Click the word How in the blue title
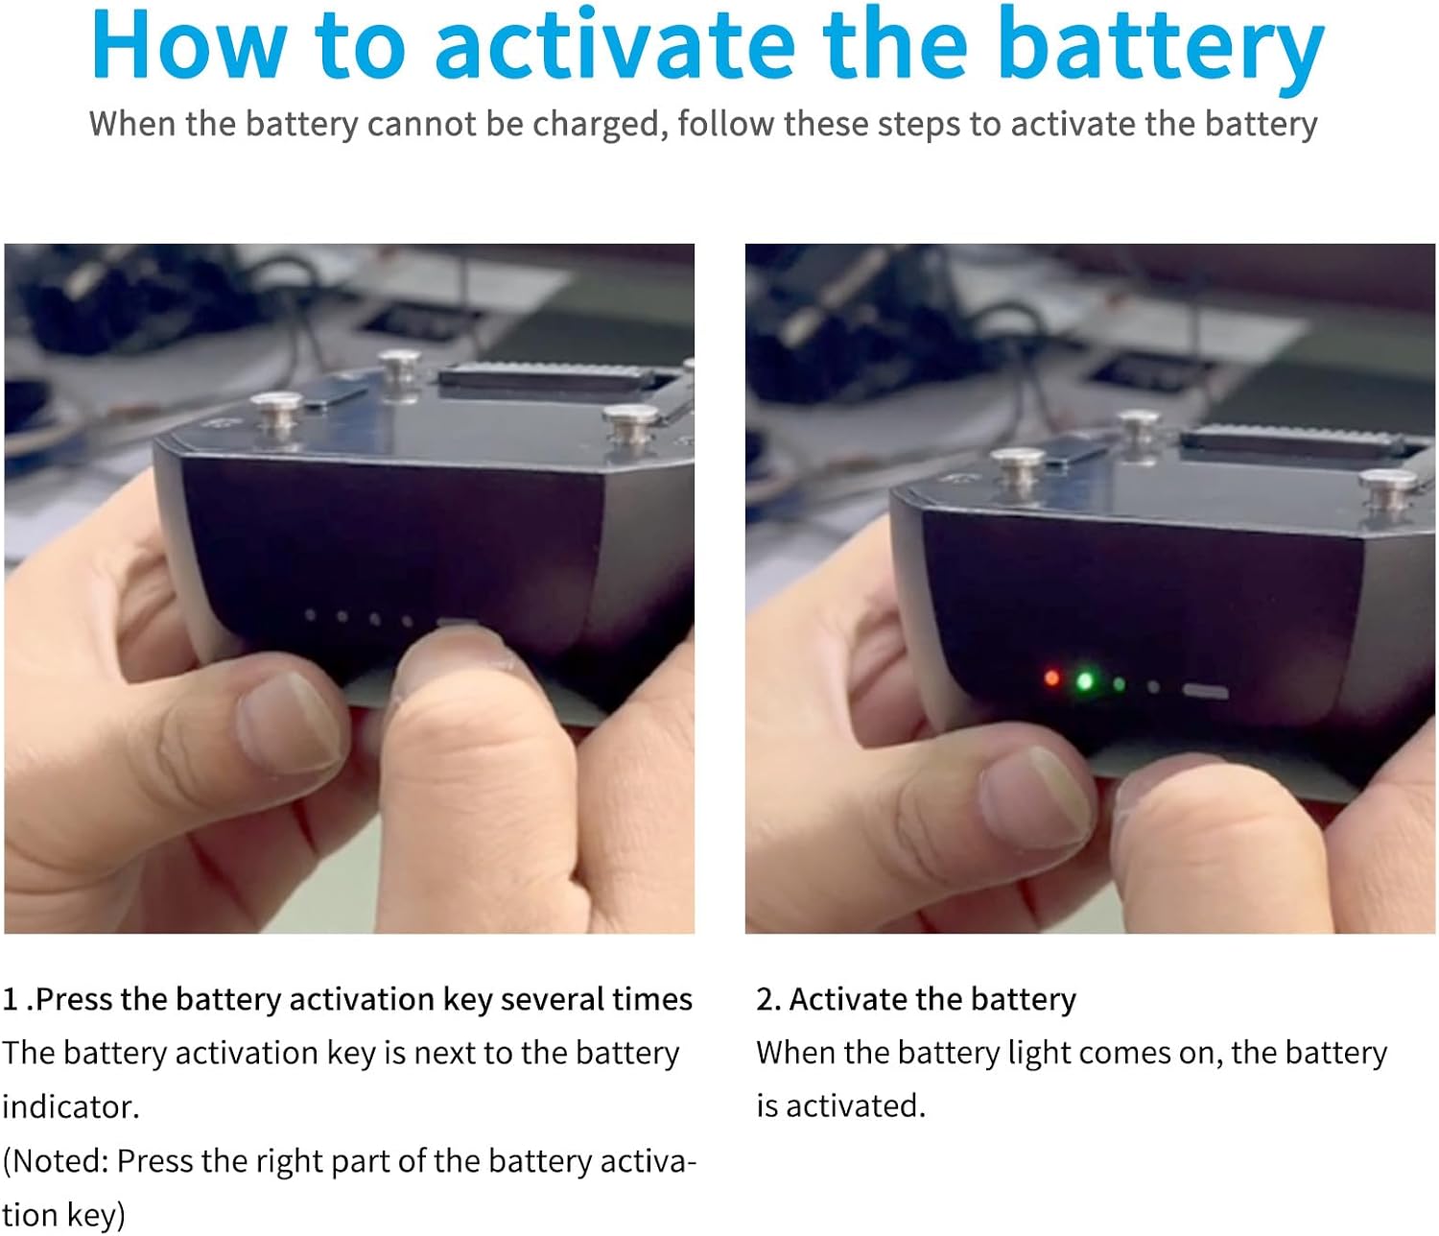click(188, 46)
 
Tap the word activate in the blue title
click(614, 46)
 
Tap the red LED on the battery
click(1052, 678)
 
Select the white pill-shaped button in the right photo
click(1206, 691)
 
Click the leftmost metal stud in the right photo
click(1017, 466)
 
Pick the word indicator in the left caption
click(69, 1107)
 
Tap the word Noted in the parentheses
click(59, 1161)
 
